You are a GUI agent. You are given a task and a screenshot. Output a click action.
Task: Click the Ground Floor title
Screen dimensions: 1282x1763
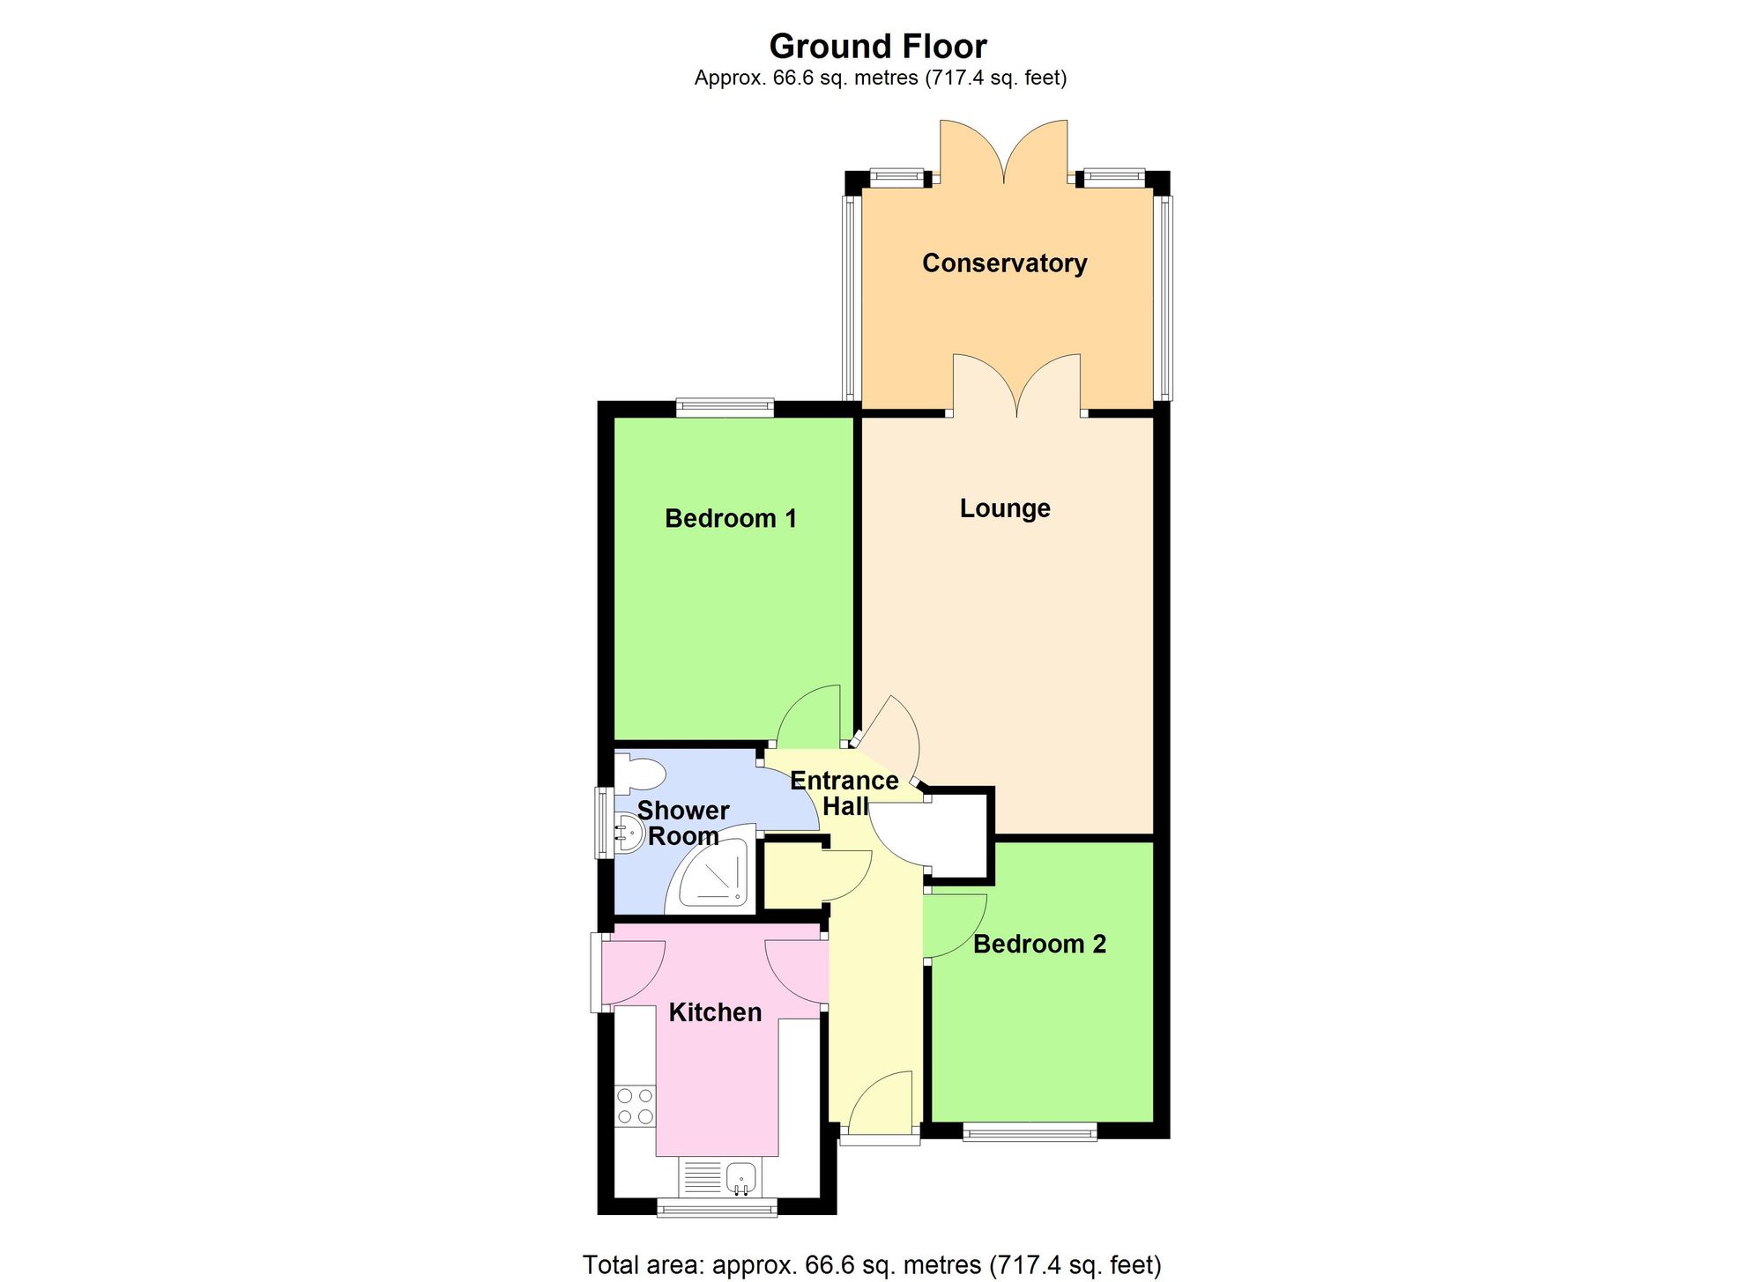878,46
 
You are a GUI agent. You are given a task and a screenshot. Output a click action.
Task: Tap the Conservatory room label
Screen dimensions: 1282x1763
1004,263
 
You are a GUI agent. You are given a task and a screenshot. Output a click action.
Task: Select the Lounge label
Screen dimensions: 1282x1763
1005,508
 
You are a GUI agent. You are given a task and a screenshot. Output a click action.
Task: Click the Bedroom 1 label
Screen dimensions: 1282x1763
731,518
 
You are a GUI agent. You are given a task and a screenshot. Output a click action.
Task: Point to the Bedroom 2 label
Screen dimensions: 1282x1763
1039,945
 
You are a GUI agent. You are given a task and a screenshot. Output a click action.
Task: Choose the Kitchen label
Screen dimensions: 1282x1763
715,1012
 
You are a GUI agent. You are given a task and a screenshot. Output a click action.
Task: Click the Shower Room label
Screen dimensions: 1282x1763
683,823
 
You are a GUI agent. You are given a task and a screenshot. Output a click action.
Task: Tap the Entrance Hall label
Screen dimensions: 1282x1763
844,793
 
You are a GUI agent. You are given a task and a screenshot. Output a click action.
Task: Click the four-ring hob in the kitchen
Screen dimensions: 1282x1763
635,1107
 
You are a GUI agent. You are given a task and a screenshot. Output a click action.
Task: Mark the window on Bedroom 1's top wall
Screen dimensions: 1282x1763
725,407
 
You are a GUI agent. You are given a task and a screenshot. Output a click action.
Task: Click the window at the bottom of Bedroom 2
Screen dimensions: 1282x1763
1030,1131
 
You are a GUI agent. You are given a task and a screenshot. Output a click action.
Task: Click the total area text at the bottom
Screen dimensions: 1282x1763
872,1265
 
